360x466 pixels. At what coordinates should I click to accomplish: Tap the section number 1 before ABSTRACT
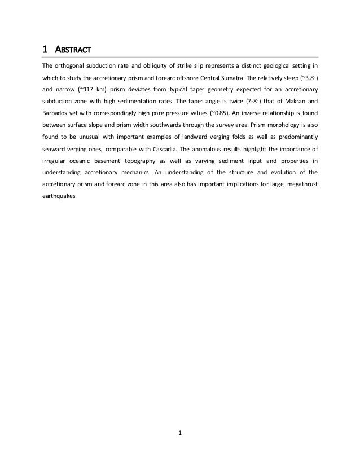tap(46, 47)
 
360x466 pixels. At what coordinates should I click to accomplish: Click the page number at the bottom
tap(180, 433)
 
